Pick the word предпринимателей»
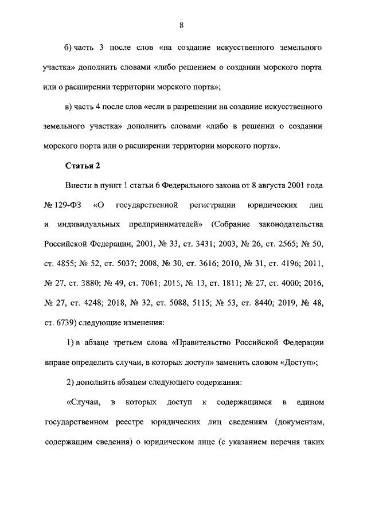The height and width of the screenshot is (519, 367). click(158, 224)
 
